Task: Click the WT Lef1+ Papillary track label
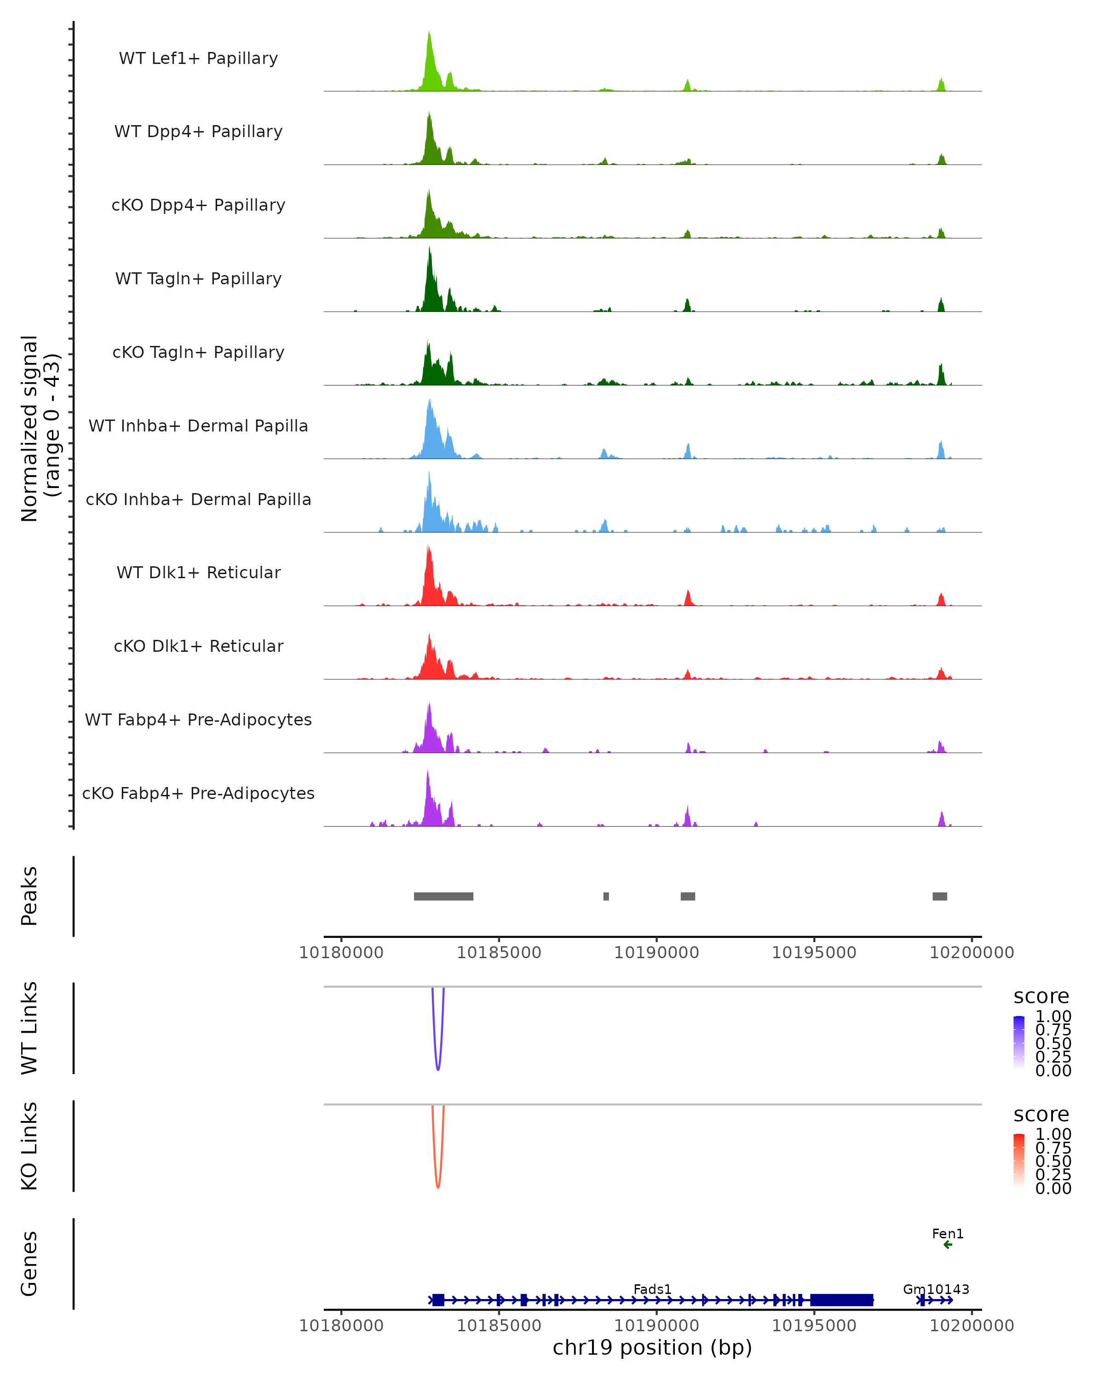198,58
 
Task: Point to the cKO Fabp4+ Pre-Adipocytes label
198,793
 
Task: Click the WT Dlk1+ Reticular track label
198,572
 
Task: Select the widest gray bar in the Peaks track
443,896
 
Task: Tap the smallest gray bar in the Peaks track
606,896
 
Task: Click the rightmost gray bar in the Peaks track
939,896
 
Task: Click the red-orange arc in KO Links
438,1185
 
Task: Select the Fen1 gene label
947,1233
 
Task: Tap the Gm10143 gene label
936,1289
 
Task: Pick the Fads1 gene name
652,1289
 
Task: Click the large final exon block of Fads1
842,1300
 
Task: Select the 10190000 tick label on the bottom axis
656,1325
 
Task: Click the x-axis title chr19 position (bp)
652,1347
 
